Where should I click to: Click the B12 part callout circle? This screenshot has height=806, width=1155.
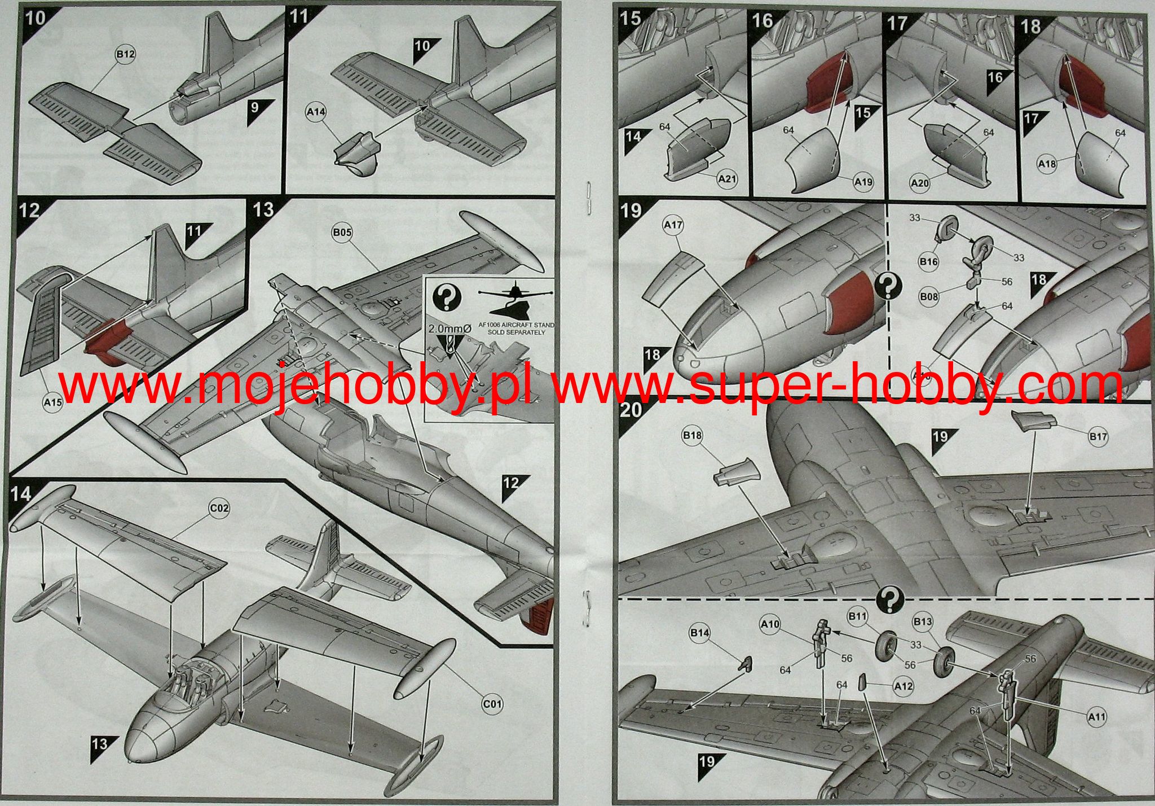(125, 54)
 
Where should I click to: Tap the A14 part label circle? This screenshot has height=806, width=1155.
(316, 112)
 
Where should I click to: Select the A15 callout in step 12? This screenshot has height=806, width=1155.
(52, 402)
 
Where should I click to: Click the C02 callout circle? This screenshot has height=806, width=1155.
(219, 508)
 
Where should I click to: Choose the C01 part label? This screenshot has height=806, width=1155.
(492, 704)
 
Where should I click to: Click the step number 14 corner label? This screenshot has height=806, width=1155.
(21, 494)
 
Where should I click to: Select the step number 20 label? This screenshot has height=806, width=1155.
(631, 409)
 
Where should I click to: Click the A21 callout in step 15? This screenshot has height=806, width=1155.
(727, 179)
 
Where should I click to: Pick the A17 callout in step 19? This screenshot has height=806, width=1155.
(673, 225)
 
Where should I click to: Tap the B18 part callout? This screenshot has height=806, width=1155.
(692, 435)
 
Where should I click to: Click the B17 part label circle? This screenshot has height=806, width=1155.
(1098, 436)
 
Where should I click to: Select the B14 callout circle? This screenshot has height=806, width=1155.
(700, 633)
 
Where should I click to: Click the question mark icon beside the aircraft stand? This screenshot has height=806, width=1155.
(446, 296)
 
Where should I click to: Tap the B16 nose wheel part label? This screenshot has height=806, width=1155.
(928, 261)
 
